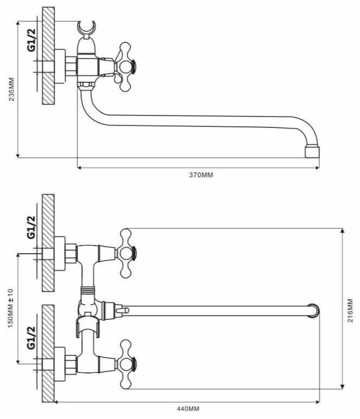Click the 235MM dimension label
(12, 89)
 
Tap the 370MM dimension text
(201, 175)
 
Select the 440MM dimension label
(188, 409)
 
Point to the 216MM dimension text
(350, 311)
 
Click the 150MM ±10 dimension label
(10, 308)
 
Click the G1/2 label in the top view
(31, 40)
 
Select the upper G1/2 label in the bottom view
(31, 227)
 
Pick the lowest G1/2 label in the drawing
(31, 338)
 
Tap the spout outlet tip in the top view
(312, 152)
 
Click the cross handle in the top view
(125, 67)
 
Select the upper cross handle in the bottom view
(125, 253)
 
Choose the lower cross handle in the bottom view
(125, 364)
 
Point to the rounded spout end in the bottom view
(313, 311)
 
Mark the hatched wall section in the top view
(48, 56)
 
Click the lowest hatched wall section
(48, 353)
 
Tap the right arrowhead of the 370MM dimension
(318, 168)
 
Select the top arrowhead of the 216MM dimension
(342, 231)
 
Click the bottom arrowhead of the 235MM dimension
(18, 156)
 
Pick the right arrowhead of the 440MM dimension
(318, 402)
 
